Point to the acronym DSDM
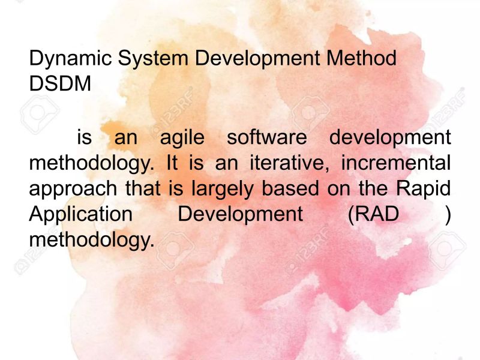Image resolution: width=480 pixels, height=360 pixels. pos(60,84)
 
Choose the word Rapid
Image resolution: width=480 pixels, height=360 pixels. pos(424,188)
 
